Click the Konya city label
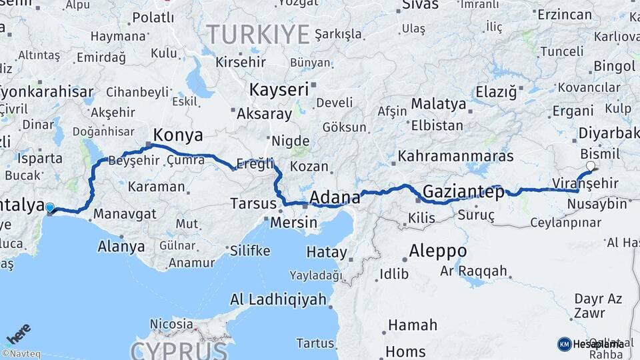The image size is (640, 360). click(178, 135)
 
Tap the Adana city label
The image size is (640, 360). click(335, 197)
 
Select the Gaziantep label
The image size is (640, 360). click(463, 192)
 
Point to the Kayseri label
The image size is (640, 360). click(279, 89)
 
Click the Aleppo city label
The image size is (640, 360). click(437, 251)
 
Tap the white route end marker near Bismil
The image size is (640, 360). click(591, 166)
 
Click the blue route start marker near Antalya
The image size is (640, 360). click(49, 208)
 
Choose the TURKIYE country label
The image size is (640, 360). click(258, 33)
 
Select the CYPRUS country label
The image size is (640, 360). click(179, 350)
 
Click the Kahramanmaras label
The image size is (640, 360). click(455, 156)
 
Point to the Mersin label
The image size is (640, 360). click(293, 222)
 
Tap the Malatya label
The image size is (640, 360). click(438, 104)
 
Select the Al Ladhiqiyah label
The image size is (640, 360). click(279, 299)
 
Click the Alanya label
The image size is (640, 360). click(121, 246)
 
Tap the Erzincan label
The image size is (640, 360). click(564, 15)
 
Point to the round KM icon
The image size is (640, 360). click(564, 344)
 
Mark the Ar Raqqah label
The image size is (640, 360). click(473, 272)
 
